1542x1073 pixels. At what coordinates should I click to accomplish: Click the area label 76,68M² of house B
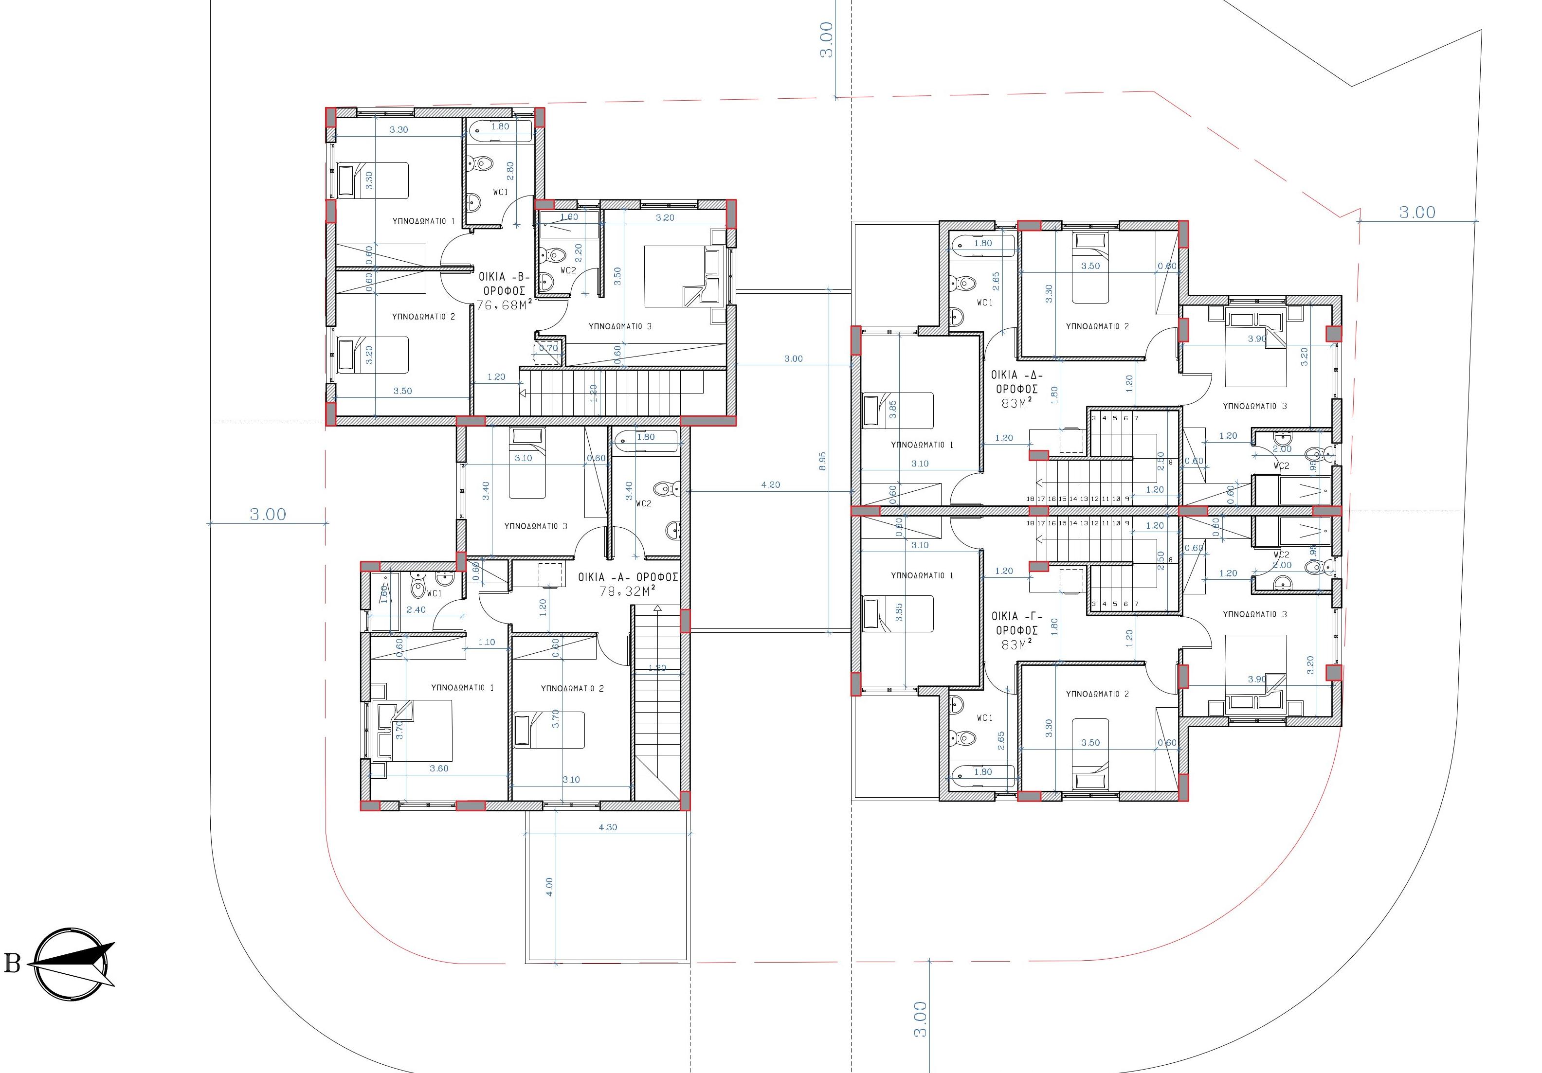tap(504, 305)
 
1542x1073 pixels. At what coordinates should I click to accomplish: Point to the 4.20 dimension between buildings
tap(770, 485)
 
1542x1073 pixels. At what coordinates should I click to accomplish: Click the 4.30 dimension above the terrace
tap(608, 827)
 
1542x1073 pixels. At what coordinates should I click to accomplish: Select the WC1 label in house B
tap(500, 193)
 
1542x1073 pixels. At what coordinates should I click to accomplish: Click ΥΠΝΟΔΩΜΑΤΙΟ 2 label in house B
tap(423, 316)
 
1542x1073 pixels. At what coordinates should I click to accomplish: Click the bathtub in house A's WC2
tap(645, 438)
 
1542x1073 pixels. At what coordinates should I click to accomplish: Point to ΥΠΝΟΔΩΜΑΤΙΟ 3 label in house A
tap(535, 526)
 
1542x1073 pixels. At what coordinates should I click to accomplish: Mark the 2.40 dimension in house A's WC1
tap(416, 609)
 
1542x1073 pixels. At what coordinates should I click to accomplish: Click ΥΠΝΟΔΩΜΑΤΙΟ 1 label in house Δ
tap(922, 445)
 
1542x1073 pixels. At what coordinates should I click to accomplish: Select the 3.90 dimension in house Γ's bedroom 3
tap(1256, 679)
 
